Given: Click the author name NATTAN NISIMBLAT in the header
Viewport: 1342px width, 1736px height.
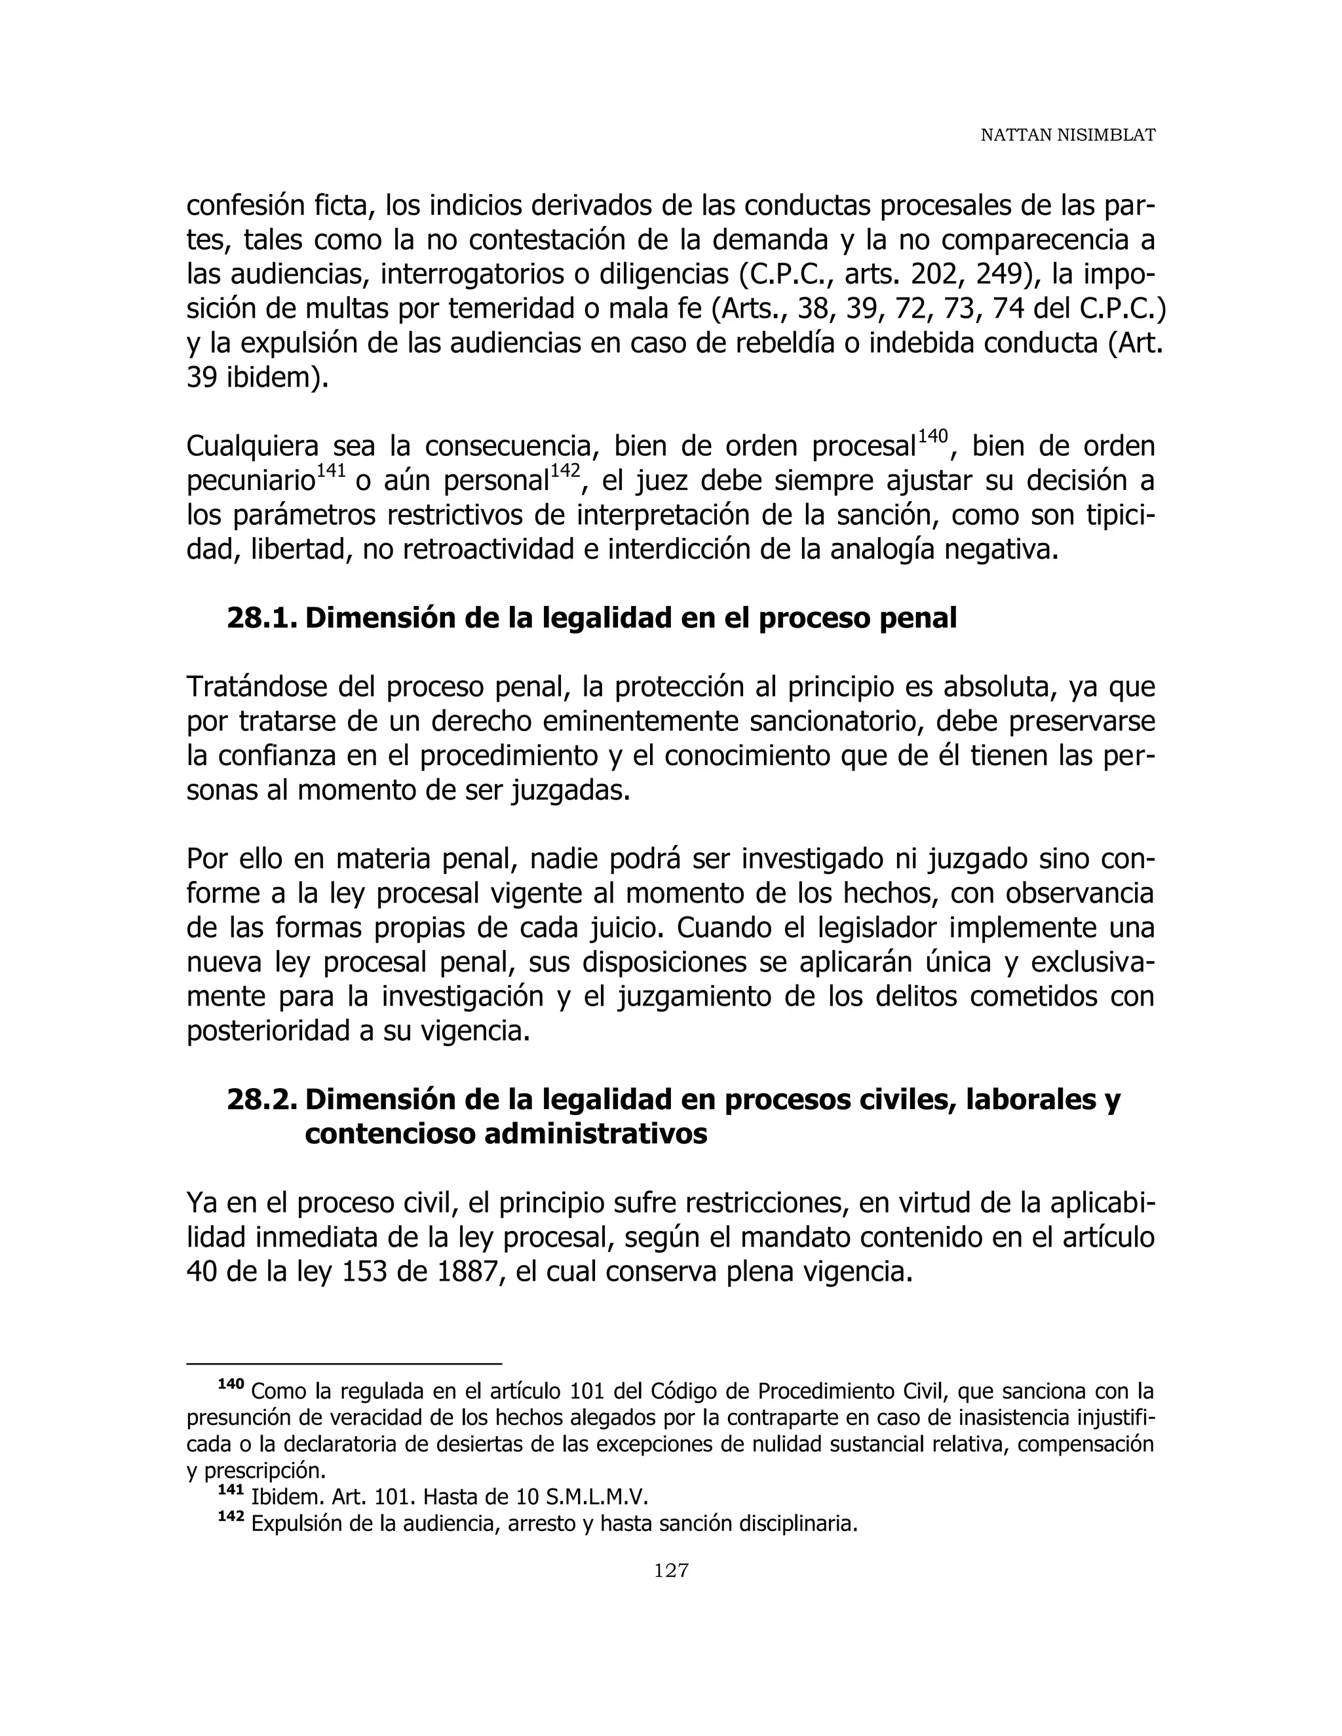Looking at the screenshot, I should click(1067, 136).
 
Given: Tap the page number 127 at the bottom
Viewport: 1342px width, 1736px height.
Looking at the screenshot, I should click(671, 1570).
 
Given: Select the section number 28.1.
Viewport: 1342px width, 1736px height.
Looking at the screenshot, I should click(262, 618).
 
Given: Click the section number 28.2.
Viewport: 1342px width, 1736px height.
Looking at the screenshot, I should click(262, 1099).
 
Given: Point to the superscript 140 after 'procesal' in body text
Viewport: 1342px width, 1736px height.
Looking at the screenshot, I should click(932, 436).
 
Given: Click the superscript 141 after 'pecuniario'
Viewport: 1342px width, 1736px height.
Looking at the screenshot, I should click(331, 470).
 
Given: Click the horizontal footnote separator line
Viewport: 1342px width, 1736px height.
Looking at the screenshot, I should click(343, 1364).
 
